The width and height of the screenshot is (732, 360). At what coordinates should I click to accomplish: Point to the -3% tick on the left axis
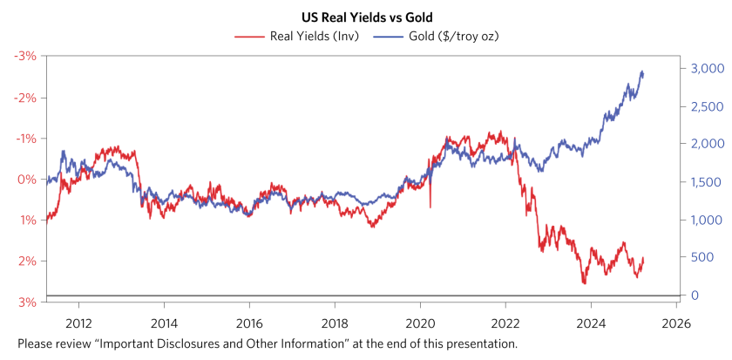[x=24, y=56]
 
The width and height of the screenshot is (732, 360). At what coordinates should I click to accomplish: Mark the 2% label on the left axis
[x=26, y=261]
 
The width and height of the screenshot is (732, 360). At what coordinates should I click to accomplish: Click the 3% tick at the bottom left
[x=26, y=302]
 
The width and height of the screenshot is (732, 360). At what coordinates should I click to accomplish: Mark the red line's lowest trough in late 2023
[x=584, y=282]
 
